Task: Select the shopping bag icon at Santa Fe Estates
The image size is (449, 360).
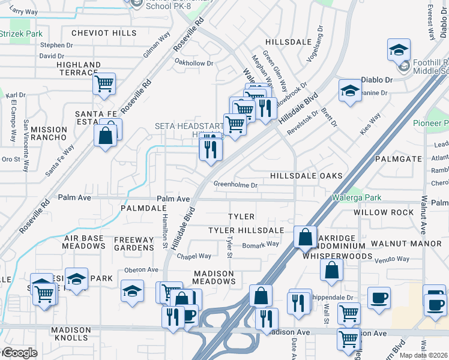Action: (106, 136)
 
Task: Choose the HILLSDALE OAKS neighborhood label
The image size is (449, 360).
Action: (306, 176)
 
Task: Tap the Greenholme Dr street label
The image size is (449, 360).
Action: (235, 185)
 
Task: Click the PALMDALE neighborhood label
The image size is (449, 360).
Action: (143, 208)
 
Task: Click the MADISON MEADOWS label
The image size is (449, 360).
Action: (214, 277)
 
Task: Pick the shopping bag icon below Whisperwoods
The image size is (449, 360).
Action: (331, 271)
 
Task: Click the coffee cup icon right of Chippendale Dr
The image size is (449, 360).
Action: (379, 298)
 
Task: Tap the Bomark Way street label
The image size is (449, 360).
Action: (261, 244)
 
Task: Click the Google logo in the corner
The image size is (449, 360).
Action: (19, 353)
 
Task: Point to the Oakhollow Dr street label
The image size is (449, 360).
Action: (193, 63)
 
